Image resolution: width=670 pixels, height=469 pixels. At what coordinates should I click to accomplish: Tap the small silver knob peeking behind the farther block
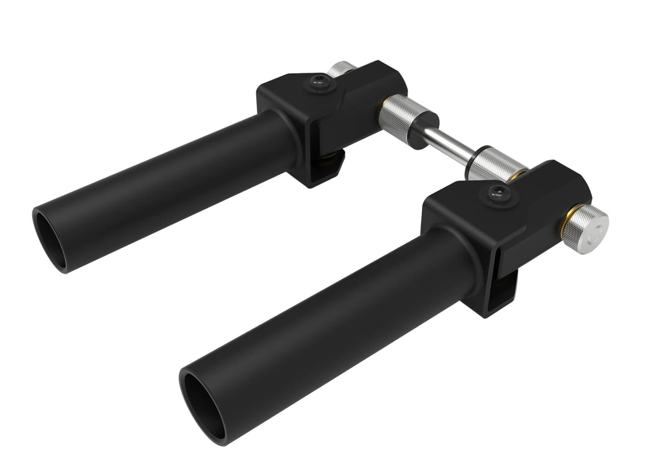point(341,68)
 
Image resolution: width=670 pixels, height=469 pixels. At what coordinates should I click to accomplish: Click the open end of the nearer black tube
point(204,404)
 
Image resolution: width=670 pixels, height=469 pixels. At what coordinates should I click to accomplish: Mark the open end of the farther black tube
point(49,239)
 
